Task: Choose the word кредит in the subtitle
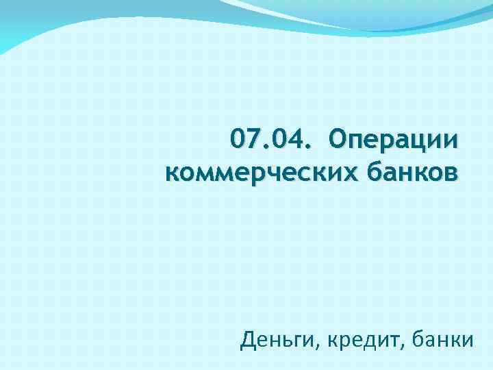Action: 362,339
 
